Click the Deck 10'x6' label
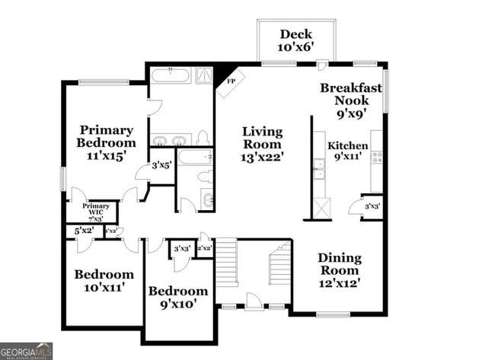[296, 40]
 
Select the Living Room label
[261, 144]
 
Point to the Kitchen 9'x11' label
[347, 151]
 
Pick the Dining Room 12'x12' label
[339, 270]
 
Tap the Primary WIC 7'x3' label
[96, 211]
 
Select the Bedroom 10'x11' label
[104, 281]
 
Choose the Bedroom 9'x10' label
[177, 297]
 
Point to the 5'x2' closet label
[83, 231]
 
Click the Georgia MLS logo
[27, 350]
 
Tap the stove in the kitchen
[376, 158]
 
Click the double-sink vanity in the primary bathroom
[170, 140]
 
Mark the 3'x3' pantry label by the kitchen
[372, 206]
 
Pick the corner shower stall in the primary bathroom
[204, 75]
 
